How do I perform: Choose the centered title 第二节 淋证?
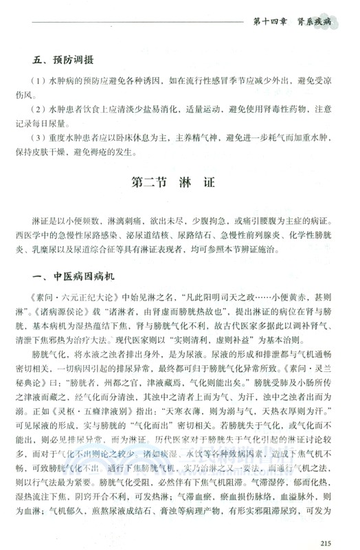pos(181,184)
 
